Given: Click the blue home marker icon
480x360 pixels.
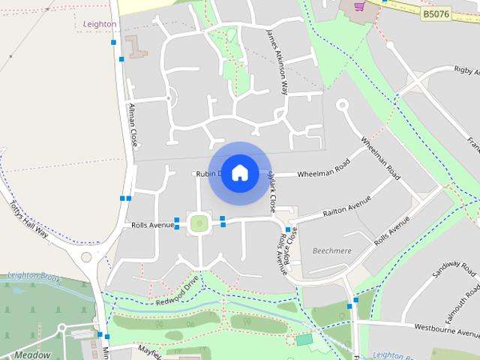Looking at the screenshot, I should [x=239, y=172].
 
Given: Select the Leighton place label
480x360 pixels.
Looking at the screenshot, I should [x=98, y=24].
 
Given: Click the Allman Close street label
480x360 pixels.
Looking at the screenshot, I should [x=133, y=124].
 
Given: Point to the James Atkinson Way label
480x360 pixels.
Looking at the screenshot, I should [x=276, y=61].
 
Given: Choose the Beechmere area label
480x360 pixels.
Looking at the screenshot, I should [x=331, y=250].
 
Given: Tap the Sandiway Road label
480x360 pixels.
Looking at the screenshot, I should [x=449, y=280].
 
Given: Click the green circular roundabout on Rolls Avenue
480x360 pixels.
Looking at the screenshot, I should [x=199, y=223].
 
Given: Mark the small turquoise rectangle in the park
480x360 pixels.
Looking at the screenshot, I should [x=304, y=340].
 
